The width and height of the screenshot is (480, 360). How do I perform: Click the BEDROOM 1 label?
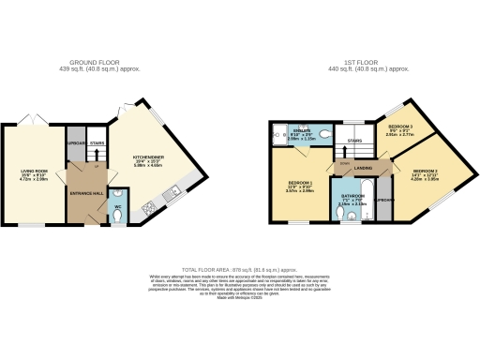[301, 183]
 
